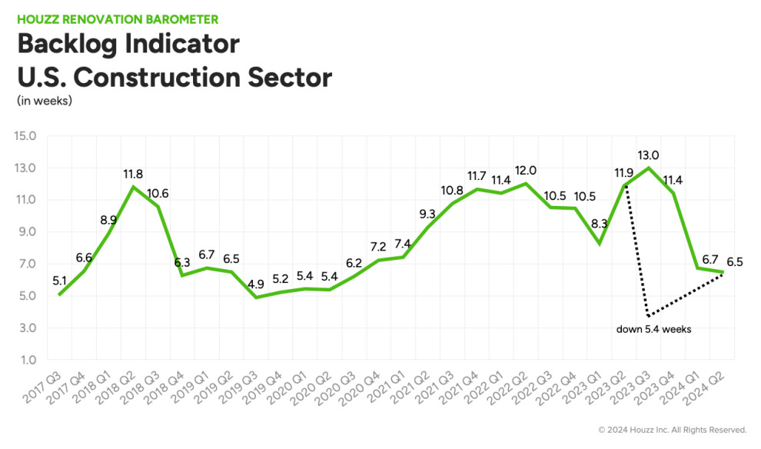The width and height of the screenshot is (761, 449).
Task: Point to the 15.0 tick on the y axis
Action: click(26, 136)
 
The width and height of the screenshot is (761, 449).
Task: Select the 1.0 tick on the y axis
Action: click(28, 360)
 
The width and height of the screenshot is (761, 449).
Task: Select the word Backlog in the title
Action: click(71, 43)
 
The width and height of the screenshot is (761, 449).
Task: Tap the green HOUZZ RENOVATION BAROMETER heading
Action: click(117, 18)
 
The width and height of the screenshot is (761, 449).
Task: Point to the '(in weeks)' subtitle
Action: click(44, 101)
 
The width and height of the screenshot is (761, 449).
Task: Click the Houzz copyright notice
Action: click(672, 429)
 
